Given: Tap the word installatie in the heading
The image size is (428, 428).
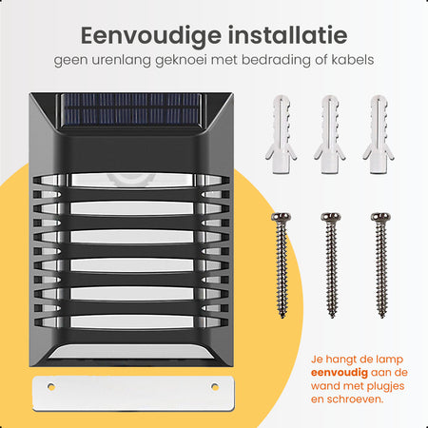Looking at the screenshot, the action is (288, 35).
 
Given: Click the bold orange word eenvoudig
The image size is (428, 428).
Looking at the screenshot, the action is (340, 373).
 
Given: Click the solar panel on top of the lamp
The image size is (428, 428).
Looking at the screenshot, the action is (131, 109).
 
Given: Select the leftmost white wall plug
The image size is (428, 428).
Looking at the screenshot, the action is (281, 134).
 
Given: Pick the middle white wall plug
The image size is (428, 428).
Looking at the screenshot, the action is (329, 134).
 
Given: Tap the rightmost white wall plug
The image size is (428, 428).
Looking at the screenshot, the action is (379, 134).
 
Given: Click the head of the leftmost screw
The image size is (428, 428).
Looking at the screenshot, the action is (281, 217).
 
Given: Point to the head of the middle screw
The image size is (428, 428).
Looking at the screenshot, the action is (331, 217).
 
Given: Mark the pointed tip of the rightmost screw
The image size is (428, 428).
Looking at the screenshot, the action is (382, 317).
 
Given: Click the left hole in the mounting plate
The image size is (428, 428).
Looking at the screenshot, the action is (51, 386).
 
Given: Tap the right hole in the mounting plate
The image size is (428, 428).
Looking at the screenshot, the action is (215, 386).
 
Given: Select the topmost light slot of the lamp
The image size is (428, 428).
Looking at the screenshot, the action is (131, 180).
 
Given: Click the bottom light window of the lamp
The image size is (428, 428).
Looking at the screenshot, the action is (131, 352).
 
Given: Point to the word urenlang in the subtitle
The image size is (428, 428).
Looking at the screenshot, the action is (121, 61).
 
